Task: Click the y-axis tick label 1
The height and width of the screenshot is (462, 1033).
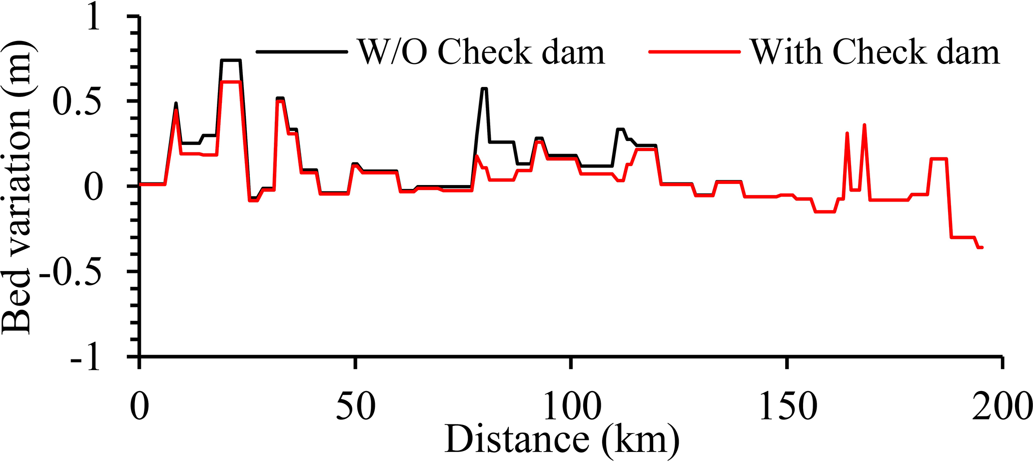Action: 93,20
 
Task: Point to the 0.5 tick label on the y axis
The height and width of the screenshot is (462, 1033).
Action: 78,102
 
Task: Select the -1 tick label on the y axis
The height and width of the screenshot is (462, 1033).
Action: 85,357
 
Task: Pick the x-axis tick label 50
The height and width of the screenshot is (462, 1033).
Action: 355,406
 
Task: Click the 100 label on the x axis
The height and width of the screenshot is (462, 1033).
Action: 571,406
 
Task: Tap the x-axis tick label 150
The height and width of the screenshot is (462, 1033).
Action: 787,406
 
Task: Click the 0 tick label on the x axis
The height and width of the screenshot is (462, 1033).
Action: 140,406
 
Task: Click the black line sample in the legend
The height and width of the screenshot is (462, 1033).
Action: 301,51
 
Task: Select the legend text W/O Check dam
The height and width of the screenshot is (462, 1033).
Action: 481,52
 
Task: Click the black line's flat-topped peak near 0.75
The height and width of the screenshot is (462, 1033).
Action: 230,60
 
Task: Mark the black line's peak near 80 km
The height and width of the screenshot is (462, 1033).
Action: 484,88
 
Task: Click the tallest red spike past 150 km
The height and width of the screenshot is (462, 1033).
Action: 864,125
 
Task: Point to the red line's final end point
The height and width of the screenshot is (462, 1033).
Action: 982,247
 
